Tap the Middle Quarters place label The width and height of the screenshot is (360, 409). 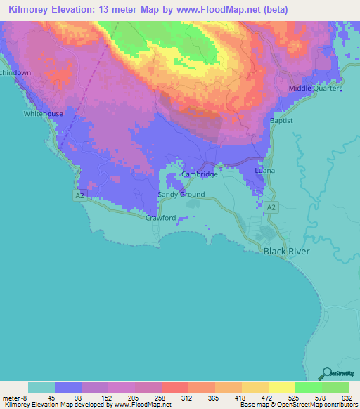[x=316, y=89]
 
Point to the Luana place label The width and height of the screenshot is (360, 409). [x=265, y=171]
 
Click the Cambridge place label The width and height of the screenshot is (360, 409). [x=200, y=174]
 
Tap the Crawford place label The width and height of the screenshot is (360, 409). [x=160, y=218]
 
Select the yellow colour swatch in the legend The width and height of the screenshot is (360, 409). [x=281, y=387]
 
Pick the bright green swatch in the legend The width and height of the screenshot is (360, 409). [x=308, y=387]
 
